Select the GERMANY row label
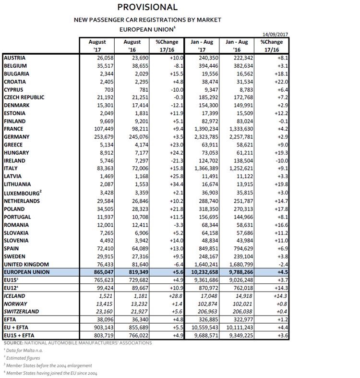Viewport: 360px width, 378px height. click(17, 137)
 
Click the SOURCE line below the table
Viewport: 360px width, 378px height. click(77, 342)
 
